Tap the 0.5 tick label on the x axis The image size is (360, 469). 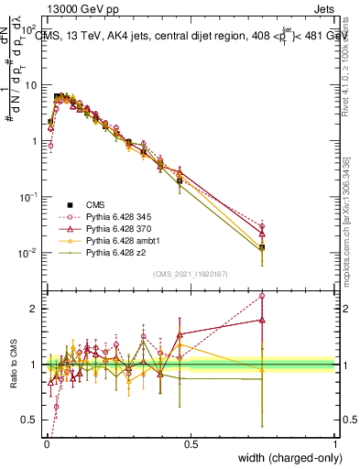191,442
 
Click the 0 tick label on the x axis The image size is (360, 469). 47,442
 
